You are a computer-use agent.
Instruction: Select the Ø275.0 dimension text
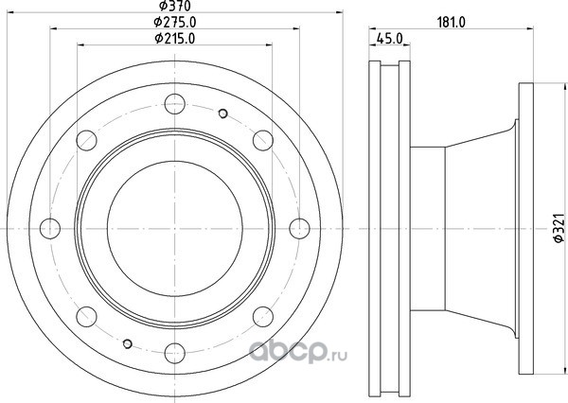[175, 22]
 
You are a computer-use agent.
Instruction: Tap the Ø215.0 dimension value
[175, 39]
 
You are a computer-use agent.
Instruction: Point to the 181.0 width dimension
[451, 22]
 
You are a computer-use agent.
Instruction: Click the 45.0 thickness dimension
[389, 39]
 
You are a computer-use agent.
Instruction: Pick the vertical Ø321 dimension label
[559, 228]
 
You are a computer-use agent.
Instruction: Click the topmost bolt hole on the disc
[175, 104]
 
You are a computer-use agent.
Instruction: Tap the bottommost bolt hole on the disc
[175, 354]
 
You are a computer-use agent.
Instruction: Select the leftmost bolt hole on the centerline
[50, 229]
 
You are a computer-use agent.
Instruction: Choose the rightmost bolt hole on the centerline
[299, 229]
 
